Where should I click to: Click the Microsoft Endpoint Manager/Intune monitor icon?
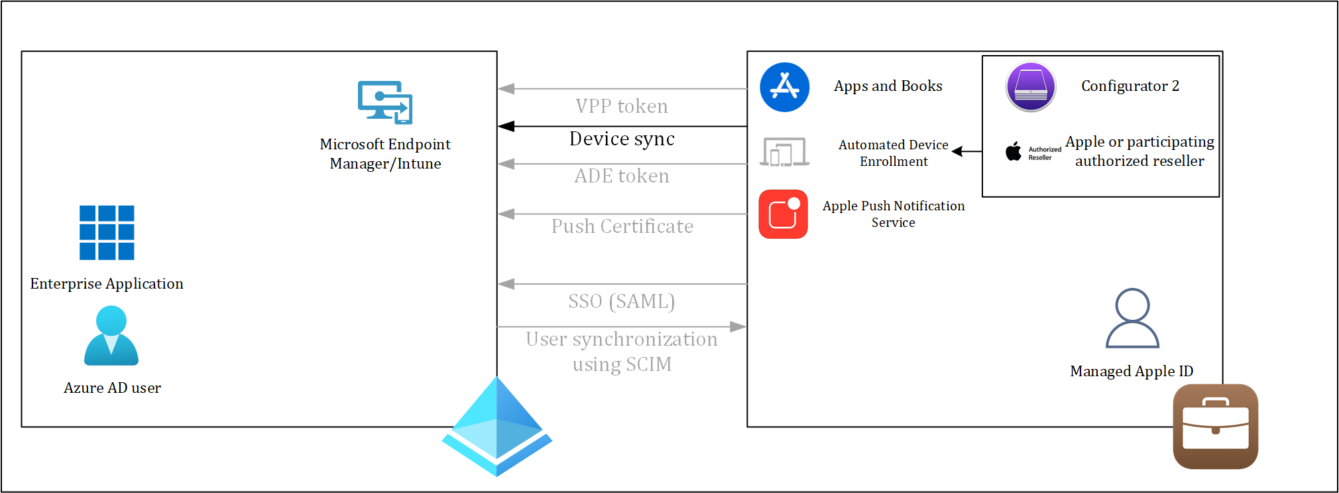385,102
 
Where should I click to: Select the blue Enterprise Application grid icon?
107,232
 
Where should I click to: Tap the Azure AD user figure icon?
111,336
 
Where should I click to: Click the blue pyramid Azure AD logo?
497,426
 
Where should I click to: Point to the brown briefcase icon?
1216,427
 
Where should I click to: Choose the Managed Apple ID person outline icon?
1132,318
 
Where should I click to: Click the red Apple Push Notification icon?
784,214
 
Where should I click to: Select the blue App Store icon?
785,87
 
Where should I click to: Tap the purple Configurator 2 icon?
1031,87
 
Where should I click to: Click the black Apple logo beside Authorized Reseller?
1014,151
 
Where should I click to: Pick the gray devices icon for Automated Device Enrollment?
785,152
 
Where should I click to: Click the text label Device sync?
622,139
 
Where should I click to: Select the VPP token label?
622,106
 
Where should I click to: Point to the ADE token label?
622,176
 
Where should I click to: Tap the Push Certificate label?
622,226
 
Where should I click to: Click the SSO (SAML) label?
622,301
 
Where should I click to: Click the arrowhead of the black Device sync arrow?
506,126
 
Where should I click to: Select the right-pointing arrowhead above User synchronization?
738,326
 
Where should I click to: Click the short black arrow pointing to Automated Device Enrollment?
967,151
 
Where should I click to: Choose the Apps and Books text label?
888,86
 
